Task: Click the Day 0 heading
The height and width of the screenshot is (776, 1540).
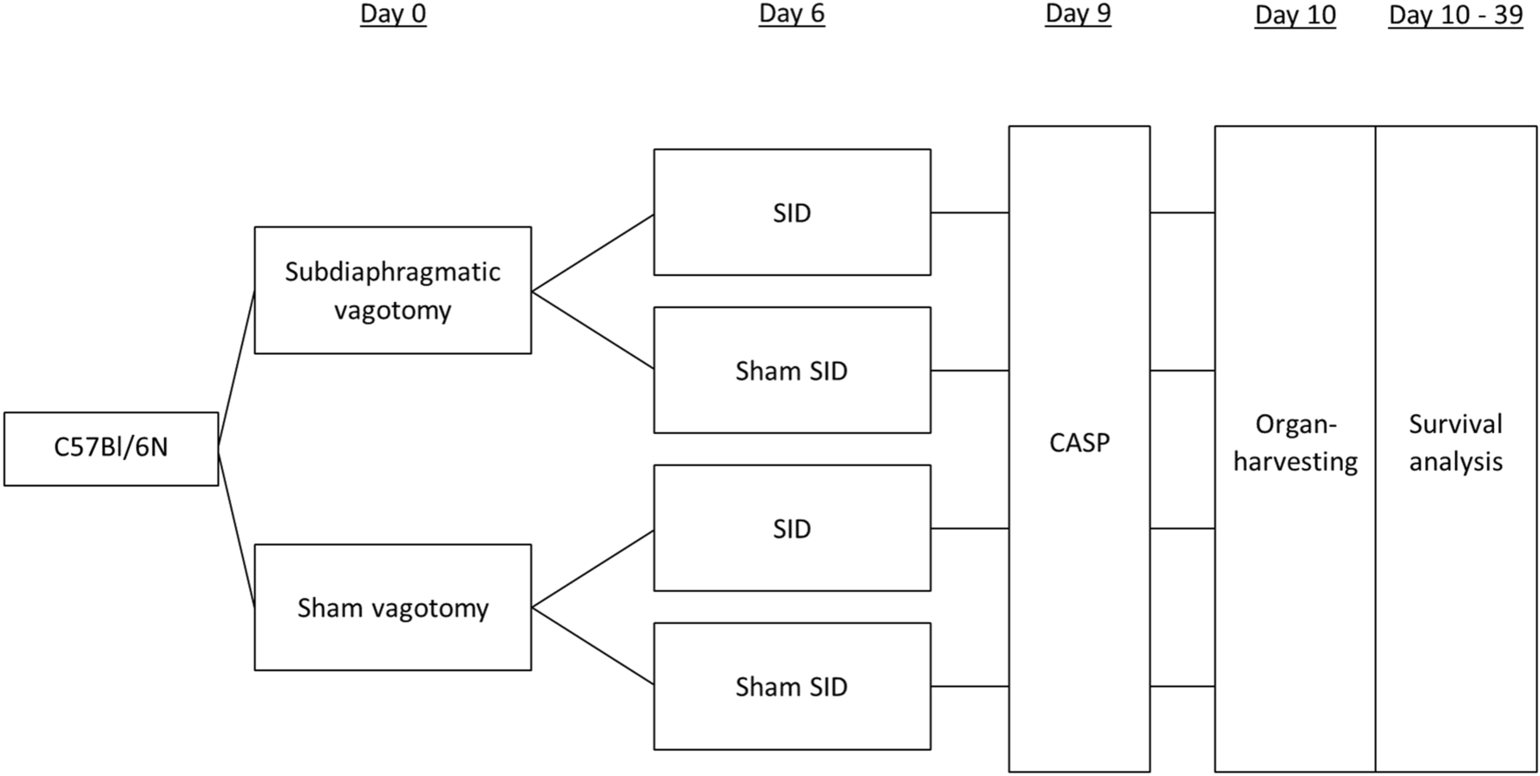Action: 393,15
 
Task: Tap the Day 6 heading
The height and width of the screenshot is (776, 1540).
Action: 791,15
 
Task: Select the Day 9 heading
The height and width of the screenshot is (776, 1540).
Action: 1078,15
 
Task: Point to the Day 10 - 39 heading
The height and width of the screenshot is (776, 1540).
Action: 1455,16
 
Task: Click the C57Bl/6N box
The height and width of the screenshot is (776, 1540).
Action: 111,449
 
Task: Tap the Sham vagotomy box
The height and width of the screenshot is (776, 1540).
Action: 392,608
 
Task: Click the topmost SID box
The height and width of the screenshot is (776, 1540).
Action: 791,213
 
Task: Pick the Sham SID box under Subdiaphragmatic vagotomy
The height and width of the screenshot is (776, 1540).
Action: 791,371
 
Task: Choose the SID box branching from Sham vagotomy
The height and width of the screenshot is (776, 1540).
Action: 791,529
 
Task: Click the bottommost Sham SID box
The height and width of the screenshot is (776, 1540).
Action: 791,687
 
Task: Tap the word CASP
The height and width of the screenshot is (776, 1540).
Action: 1078,443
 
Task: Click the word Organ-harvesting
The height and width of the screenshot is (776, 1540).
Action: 1294,443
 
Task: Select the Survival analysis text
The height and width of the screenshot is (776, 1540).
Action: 1455,443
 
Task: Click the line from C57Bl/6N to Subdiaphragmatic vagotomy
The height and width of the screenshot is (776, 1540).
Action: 236,370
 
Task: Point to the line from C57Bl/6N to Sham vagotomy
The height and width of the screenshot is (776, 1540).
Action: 236,528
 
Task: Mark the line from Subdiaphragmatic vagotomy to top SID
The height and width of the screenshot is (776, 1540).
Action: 593,253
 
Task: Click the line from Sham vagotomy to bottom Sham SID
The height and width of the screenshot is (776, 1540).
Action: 593,646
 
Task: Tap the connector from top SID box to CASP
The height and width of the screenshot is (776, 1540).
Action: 969,213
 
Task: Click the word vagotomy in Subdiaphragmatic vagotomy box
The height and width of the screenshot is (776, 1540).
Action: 392,310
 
